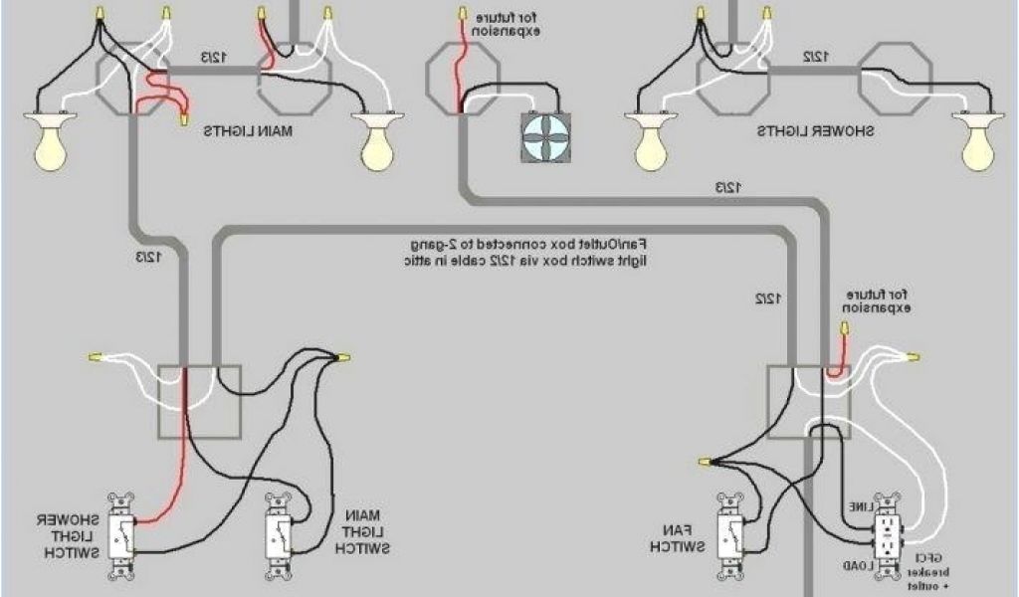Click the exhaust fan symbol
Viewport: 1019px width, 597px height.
click(545, 136)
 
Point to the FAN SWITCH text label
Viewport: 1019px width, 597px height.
click(679, 538)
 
